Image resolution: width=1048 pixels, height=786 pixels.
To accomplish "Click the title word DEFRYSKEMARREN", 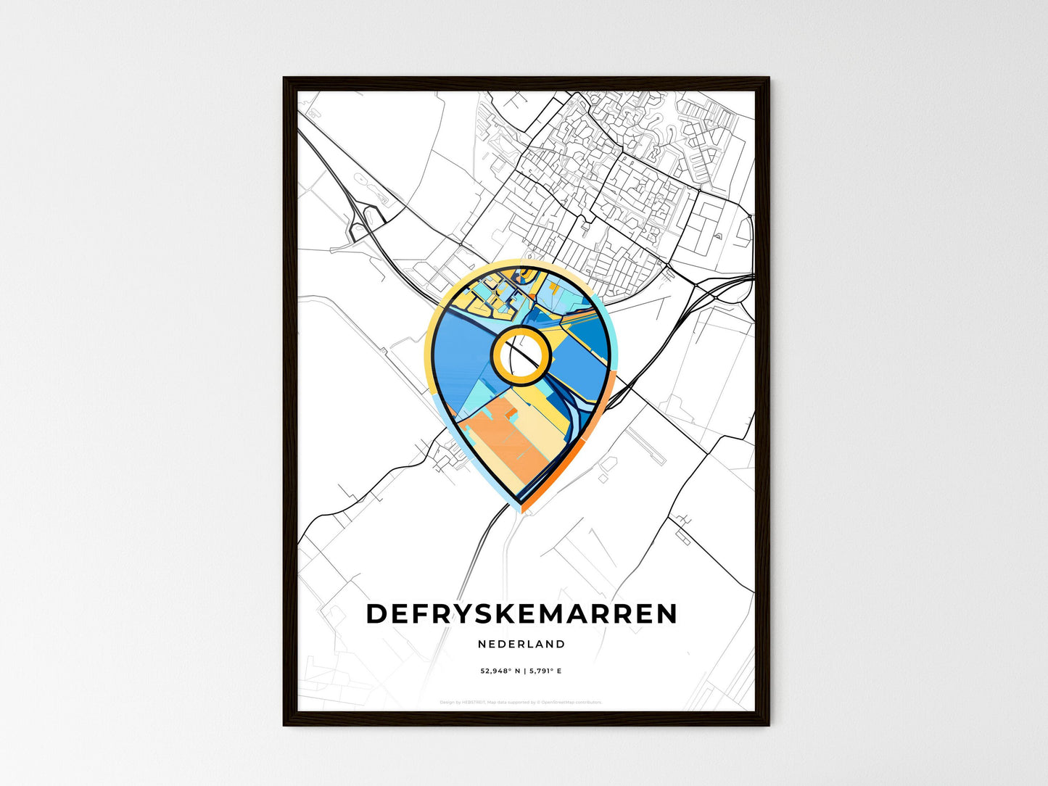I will [521, 613].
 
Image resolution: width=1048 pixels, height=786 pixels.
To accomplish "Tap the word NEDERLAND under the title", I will [521, 644].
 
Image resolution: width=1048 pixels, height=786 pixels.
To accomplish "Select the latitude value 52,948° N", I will [500, 671].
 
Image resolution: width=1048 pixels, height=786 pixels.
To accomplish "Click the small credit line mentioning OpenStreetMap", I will [521, 702].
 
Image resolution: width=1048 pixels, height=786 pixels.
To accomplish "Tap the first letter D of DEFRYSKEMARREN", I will [376, 613].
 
